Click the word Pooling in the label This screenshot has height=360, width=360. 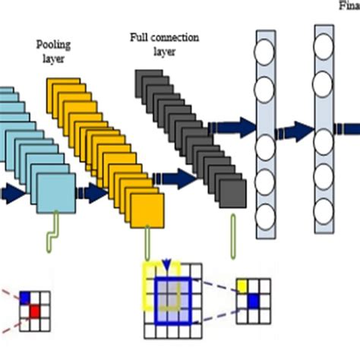(53, 45)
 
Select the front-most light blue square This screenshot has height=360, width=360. (58, 193)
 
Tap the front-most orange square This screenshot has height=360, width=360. (147, 208)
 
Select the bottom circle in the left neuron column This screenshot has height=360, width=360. (266, 216)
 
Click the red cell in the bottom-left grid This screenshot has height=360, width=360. (34, 310)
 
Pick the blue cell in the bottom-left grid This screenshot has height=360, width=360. (25, 297)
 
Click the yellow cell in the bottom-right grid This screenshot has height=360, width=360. (242, 285)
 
